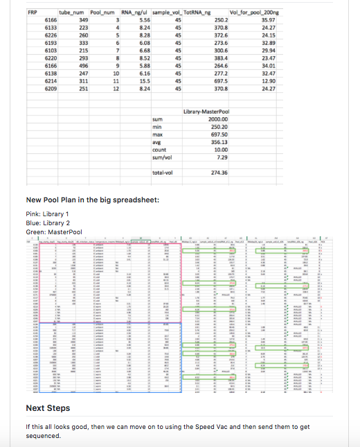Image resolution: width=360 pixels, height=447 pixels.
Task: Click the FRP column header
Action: click(x=32, y=13)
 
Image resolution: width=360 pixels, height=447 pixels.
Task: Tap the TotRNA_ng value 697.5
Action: click(x=222, y=81)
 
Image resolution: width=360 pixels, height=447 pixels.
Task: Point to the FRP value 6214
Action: click(x=51, y=81)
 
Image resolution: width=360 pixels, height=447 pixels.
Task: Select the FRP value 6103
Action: click(x=51, y=51)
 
